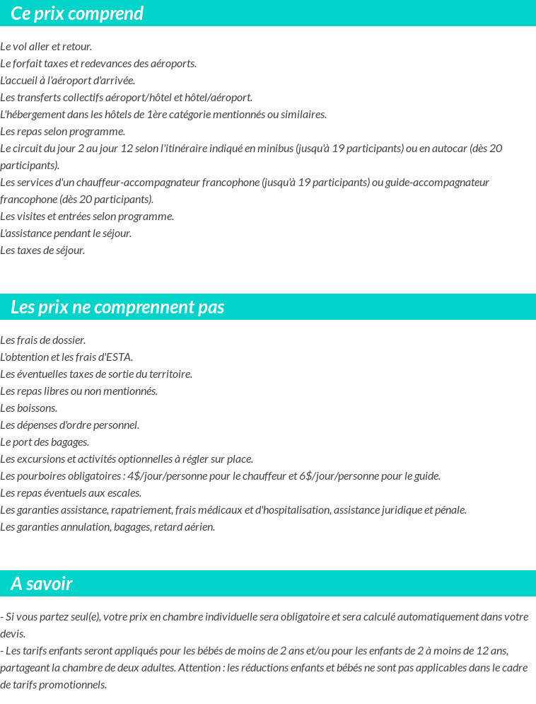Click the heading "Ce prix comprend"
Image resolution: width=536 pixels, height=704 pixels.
(77, 13)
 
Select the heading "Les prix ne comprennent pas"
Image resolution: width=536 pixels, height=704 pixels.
(117, 307)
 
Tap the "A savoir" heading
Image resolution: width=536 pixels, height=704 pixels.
(42, 584)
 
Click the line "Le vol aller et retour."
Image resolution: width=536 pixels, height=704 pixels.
(46, 47)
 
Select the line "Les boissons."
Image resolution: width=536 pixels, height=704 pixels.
(29, 408)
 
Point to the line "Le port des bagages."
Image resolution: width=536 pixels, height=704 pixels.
(45, 442)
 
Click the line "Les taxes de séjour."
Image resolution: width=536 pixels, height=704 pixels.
(42, 250)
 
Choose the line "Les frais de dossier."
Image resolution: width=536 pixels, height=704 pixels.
(43, 340)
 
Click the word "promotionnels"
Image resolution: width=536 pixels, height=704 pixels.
(74, 685)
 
